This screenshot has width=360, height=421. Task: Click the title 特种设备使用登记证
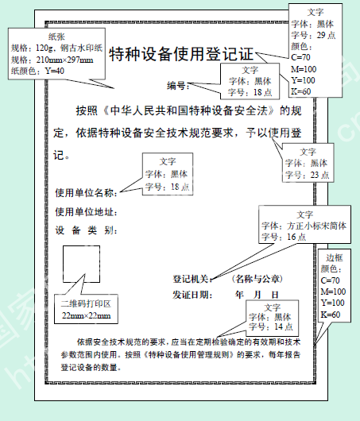(x=181, y=54)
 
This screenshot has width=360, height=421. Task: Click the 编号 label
(x=178, y=86)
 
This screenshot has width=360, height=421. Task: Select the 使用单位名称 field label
(x=87, y=193)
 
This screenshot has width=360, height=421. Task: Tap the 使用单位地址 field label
(x=87, y=212)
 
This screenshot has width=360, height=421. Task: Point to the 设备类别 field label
(x=87, y=230)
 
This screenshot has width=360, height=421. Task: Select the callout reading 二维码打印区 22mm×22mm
(x=86, y=309)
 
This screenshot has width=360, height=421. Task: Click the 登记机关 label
(x=192, y=279)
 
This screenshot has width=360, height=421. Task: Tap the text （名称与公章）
(x=257, y=279)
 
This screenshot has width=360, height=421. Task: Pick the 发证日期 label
(x=192, y=295)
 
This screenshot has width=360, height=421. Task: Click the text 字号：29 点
(x=313, y=35)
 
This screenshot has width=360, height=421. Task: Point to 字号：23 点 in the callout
(x=307, y=175)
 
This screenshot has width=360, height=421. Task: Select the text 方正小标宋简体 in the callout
(x=317, y=226)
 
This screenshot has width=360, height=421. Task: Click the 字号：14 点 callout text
(x=270, y=326)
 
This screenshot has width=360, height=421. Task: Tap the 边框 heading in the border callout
(x=335, y=257)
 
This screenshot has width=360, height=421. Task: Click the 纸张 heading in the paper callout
(x=56, y=37)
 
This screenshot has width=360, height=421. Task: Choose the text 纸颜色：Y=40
(x=37, y=71)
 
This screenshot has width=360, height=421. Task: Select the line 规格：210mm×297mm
(x=52, y=60)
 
